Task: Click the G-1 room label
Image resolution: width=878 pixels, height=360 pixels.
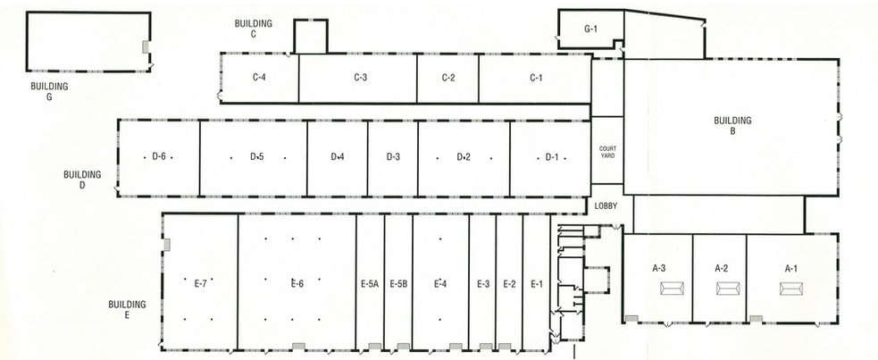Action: tap(590, 29)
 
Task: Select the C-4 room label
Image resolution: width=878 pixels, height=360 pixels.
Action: tap(259, 78)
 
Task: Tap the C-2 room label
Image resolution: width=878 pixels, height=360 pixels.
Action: tap(448, 78)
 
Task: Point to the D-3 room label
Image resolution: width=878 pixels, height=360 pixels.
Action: tap(393, 157)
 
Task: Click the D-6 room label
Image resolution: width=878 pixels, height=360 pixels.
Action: tap(159, 157)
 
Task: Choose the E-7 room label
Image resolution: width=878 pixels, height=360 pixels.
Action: tap(201, 284)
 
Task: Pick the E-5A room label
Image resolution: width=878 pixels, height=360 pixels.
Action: tap(370, 284)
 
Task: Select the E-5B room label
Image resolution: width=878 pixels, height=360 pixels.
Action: tap(398, 284)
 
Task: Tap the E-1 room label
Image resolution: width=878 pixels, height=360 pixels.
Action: tap(537, 284)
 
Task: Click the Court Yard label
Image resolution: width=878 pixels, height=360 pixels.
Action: tap(607, 152)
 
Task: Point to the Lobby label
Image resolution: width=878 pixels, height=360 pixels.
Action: tap(606, 206)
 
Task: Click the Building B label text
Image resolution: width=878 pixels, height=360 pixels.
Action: tap(732, 126)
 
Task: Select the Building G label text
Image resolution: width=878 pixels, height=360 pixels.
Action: tap(50, 91)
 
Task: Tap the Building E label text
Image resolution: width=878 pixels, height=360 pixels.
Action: tap(127, 310)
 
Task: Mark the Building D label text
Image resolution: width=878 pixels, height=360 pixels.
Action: tap(82, 180)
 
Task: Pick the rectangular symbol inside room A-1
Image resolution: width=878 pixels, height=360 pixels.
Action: tap(790, 288)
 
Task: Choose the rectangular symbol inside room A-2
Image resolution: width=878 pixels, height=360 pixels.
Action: tap(729, 288)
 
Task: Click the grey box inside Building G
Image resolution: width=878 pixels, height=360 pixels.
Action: tap(145, 46)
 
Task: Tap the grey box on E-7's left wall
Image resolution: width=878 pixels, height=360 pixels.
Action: tap(166, 245)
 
